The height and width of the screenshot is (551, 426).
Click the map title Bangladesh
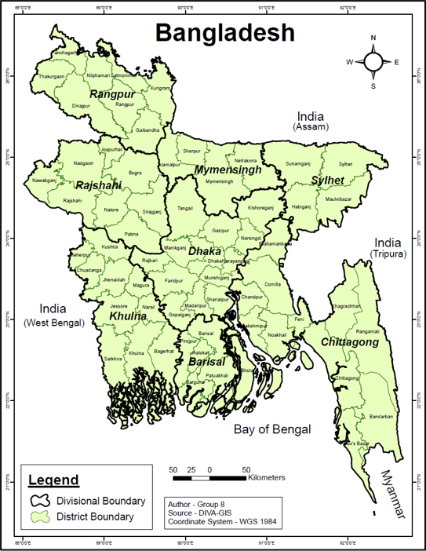(x=224, y=33)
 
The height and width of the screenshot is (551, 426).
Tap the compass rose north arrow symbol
(x=373, y=61)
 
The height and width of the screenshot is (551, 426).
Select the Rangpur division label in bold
(x=112, y=94)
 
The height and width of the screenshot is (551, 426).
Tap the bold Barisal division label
(x=206, y=362)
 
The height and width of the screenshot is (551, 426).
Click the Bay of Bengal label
(x=272, y=429)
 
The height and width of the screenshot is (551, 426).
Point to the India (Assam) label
(x=311, y=120)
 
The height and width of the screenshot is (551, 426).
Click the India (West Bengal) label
(x=53, y=315)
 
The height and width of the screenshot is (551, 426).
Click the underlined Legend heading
(x=53, y=480)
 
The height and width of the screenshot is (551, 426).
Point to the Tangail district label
(x=185, y=208)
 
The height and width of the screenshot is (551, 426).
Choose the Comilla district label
(x=272, y=284)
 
